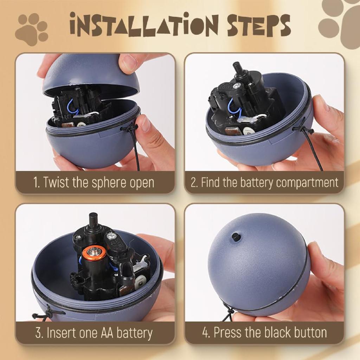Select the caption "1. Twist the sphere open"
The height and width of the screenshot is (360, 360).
[94, 183]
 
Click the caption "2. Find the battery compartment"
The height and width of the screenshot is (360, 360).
[264, 183]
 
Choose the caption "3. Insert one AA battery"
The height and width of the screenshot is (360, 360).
[94, 333]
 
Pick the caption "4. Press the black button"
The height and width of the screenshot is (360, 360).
[264, 333]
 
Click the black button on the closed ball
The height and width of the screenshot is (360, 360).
[236, 237]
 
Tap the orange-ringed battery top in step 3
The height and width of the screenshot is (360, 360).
[94, 252]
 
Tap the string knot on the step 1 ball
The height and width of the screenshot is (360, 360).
[131, 129]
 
